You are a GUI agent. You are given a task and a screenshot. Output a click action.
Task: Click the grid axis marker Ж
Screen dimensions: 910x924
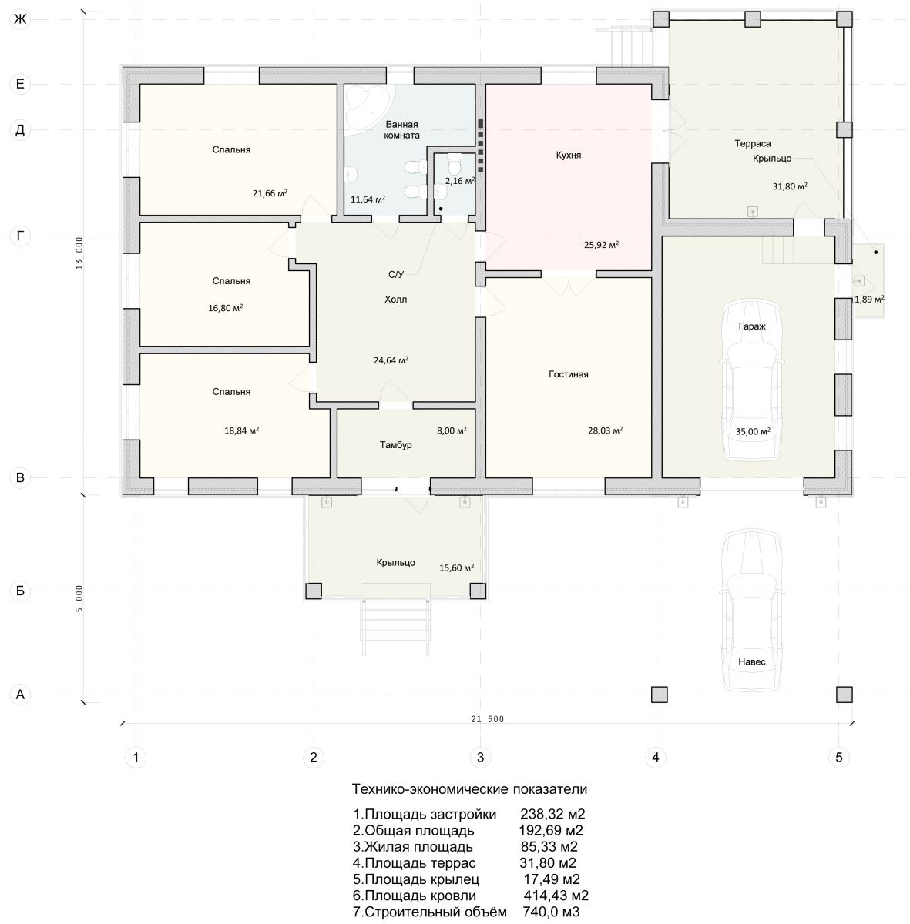point(20,19)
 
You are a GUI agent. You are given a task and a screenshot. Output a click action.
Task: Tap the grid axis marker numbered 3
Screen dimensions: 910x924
point(480,757)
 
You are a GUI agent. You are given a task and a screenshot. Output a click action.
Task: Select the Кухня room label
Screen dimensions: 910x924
point(569,155)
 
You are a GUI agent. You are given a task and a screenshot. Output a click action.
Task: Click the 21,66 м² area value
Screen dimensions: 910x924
point(270,192)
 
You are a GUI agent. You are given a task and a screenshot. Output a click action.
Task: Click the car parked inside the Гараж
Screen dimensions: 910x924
point(752,380)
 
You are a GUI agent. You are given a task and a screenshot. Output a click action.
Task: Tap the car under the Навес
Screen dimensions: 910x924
point(752,610)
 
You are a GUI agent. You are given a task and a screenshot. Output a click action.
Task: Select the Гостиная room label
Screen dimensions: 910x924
point(569,374)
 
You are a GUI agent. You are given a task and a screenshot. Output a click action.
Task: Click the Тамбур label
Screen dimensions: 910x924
point(395,444)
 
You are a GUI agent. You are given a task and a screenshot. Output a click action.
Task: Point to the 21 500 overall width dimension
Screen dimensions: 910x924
point(487,718)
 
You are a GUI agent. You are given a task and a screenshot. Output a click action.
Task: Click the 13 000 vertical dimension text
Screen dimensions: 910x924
point(79,253)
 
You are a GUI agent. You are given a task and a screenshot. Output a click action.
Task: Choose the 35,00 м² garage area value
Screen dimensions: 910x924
point(753,430)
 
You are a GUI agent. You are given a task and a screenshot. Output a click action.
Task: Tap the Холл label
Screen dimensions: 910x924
point(395,300)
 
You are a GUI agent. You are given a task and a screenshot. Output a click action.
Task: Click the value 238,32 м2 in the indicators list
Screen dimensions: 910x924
point(552,814)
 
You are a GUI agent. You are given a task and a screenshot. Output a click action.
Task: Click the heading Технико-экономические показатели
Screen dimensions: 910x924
point(469,788)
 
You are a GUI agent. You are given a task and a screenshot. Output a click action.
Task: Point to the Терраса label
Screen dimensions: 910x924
point(752,143)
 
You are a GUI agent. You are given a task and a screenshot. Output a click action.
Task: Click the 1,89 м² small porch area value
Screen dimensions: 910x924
point(869,300)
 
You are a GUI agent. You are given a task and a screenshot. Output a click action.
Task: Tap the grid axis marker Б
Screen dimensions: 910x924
point(20,591)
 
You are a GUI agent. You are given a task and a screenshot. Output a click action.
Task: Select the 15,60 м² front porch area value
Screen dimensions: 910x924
point(456,567)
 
